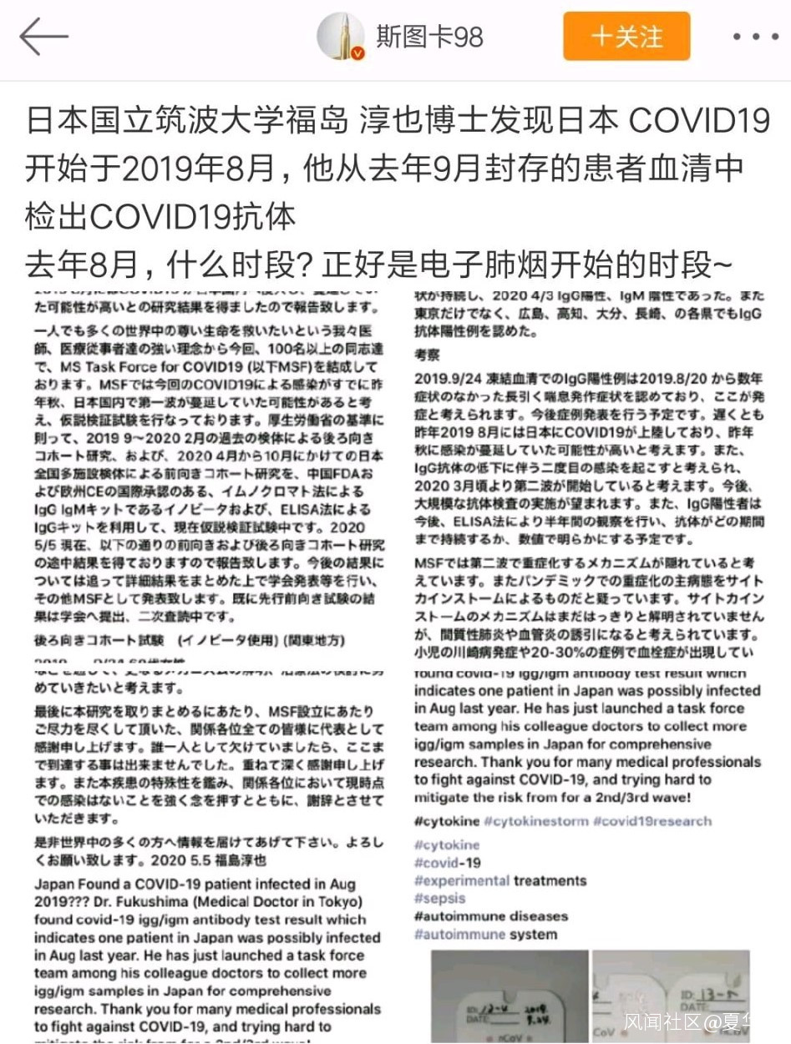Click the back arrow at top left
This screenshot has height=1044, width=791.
(x=43, y=37)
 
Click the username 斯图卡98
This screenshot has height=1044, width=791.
(x=429, y=38)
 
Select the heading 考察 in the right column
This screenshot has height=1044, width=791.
(x=428, y=355)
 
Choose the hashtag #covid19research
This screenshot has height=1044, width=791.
(x=652, y=821)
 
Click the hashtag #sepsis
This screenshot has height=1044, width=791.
(x=439, y=899)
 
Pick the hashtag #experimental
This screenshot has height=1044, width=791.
(x=461, y=880)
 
